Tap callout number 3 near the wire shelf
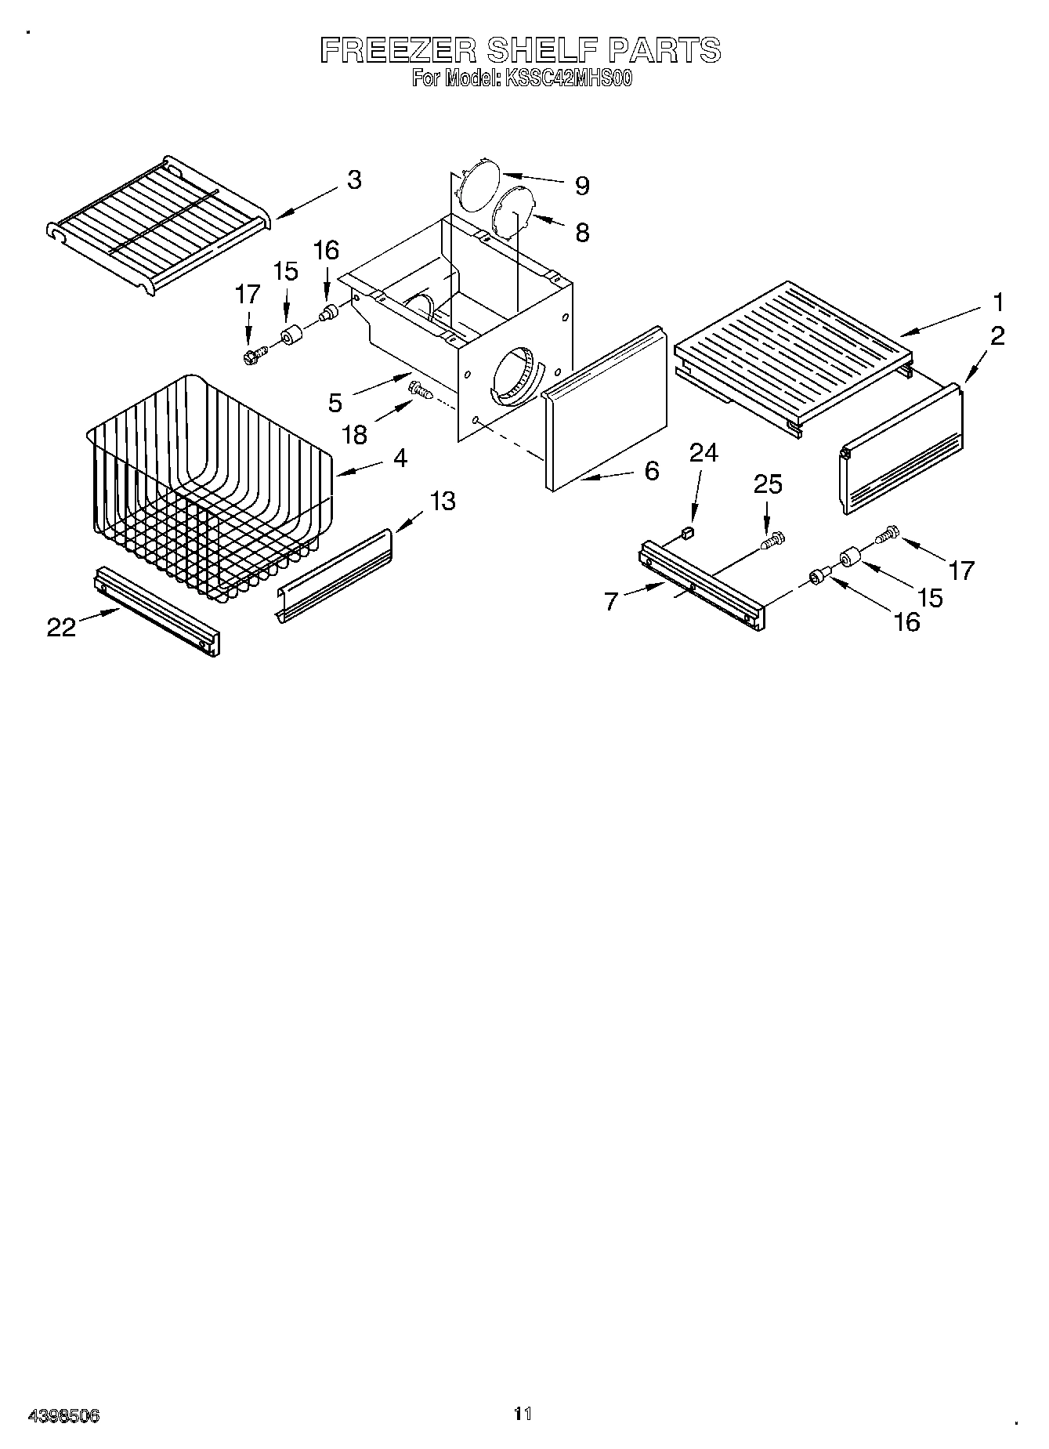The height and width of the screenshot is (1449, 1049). [x=354, y=179]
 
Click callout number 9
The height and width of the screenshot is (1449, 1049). [x=581, y=186]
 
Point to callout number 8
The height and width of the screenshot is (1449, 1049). [x=581, y=232]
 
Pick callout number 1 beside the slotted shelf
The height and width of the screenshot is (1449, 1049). [x=997, y=302]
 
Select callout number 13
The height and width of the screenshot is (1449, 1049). [x=443, y=500]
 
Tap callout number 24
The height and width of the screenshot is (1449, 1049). [x=703, y=453]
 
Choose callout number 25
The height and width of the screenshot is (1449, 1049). [x=768, y=484]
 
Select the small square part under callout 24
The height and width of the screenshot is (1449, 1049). [x=688, y=534]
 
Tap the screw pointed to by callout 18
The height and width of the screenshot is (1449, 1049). [x=420, y=389]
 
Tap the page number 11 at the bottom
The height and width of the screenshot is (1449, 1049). [x=523, y=1413]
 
